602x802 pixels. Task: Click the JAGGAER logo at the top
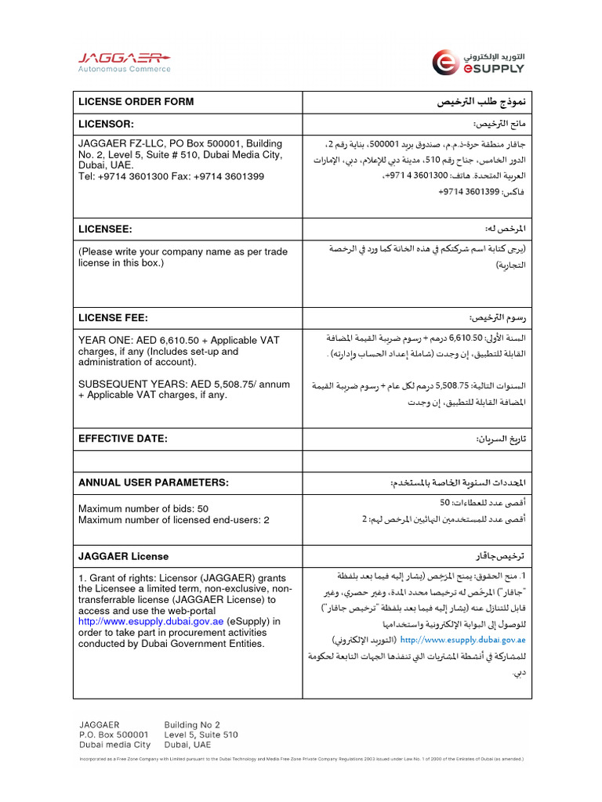pyautogui.click(x=123, y=56)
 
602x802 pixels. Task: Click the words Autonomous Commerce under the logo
pyautogui.click(x=123, y=69)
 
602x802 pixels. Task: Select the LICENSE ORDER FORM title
pyautogui.click(x=136, y=102)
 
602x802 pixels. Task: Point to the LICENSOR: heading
pyautogui.click(x=106, y=124)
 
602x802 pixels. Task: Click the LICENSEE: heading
pyautogui.click(x=105, y=229)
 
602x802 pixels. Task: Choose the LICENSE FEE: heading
pyautogui.click(x=113, y=317)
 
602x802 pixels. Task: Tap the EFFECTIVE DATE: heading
pyautogui.click(x=123, y=438)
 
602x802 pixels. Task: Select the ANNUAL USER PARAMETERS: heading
pyautogui.click(x=154, y=482)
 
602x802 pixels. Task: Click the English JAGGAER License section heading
pyautogui.click(x=123, y=556)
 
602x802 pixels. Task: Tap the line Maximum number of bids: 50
pyautogui.click(x=143, y=508)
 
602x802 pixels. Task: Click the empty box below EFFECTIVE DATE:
pyautogui.click(x=188, y=461)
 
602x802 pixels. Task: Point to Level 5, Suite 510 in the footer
pyautogui.click(x=201, y=735)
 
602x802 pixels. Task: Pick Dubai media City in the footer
pyautogui.click(x=114, y=745)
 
